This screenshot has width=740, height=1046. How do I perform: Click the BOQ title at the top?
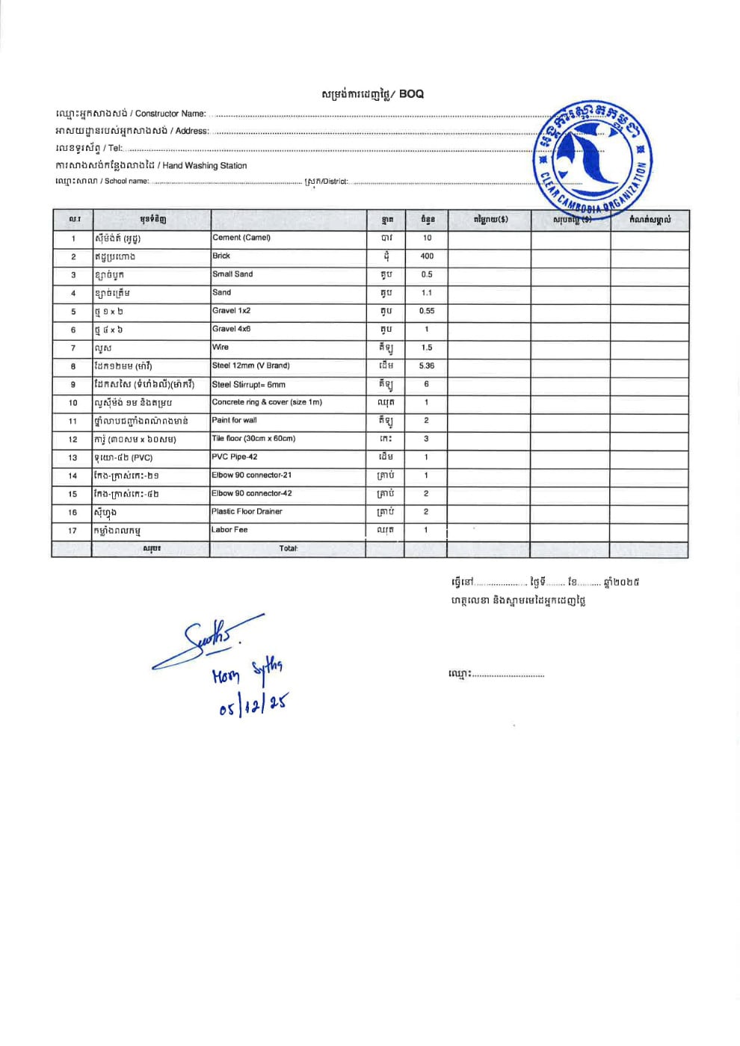coord(372,94)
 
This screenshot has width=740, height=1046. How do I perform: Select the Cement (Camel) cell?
coord(241,238)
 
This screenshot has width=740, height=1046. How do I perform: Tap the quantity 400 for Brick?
coord(426,256)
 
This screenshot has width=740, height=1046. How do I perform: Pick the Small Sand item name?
coord(232,274)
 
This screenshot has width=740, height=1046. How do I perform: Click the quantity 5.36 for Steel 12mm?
coord(426,366)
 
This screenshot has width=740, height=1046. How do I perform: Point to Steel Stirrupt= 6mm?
coord(249,385)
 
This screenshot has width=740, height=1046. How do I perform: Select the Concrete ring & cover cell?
coord(267,402)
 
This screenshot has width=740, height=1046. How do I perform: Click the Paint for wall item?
coord(234,420)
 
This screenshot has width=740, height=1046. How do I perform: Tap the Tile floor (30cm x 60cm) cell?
coord(253,439)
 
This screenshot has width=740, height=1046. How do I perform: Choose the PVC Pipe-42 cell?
coord(234,457)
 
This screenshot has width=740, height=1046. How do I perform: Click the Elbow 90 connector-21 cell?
coord(251,475)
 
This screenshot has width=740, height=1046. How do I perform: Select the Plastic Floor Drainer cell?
coord(247,512)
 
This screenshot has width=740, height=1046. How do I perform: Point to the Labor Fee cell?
coord(229,530)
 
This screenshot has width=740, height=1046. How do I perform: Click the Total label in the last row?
coord(289,548)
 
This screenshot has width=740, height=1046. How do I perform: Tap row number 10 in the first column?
coord(73,403)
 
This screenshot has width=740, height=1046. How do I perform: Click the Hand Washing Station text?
coord(204,166)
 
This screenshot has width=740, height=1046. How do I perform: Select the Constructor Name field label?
coord(170,114)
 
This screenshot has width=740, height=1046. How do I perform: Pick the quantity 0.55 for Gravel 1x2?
coord(426,311)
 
